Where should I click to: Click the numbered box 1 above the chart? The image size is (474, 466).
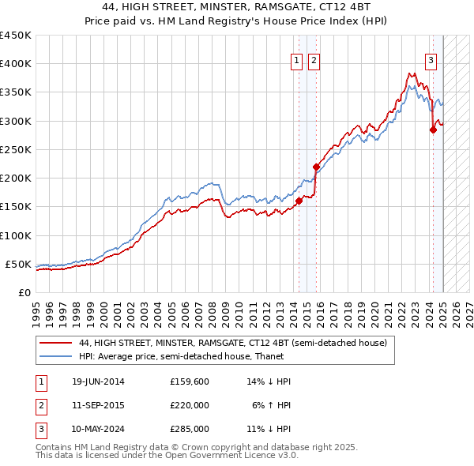(x=296, y=60)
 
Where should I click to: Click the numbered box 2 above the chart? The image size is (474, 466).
(x=314, y=60)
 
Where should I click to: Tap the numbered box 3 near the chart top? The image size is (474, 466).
(x=431, y=60)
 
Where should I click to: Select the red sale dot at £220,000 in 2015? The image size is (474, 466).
(x=316, y=167)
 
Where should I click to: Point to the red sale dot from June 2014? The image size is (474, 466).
(x=299, y=201)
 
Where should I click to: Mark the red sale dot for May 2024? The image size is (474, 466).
(x=433, y=130)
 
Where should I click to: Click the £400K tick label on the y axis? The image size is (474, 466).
(x=15, y=64)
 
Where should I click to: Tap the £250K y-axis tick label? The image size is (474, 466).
(x=15, y=149)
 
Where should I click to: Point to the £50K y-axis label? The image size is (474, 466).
(x=18, y=264)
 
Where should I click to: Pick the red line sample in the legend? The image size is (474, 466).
(x=55, y=344)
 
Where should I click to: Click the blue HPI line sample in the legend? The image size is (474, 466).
(x=55, y=356)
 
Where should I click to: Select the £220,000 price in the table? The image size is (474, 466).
(x=190, y=405)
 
